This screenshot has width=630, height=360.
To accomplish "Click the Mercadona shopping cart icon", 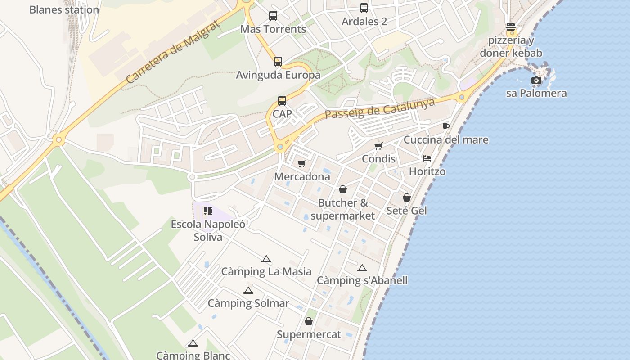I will (301, 163).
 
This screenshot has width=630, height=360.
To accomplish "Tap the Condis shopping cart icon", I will (378, 146).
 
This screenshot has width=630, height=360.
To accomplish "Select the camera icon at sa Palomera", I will (536, 81).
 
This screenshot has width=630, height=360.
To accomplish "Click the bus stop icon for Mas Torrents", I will (273, 16).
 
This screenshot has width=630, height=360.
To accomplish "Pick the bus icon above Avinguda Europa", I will (278, 62).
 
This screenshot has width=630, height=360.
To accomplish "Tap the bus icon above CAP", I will (282, 101).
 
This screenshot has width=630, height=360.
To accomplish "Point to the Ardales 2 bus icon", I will (364, 8).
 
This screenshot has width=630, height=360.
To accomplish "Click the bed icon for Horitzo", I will (427, 158).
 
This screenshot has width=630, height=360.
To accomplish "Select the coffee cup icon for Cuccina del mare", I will (445, 126).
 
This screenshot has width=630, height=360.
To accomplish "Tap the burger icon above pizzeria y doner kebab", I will (510, 27).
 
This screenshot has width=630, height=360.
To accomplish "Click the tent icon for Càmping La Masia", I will (266, 259).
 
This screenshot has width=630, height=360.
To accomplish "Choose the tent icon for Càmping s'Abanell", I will (362, 268).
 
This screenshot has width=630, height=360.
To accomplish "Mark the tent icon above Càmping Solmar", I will (248, 290).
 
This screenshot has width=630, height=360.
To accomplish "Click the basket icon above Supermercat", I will (309, 321).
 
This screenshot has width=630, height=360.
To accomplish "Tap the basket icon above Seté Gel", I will (407, 198).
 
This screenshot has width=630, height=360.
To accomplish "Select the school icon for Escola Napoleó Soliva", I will (207, 211).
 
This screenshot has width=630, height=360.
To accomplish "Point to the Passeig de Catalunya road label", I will (380, 108).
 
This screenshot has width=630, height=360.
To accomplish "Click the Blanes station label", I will (64, 9).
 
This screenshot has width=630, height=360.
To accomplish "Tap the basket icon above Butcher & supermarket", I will (343, 189).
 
